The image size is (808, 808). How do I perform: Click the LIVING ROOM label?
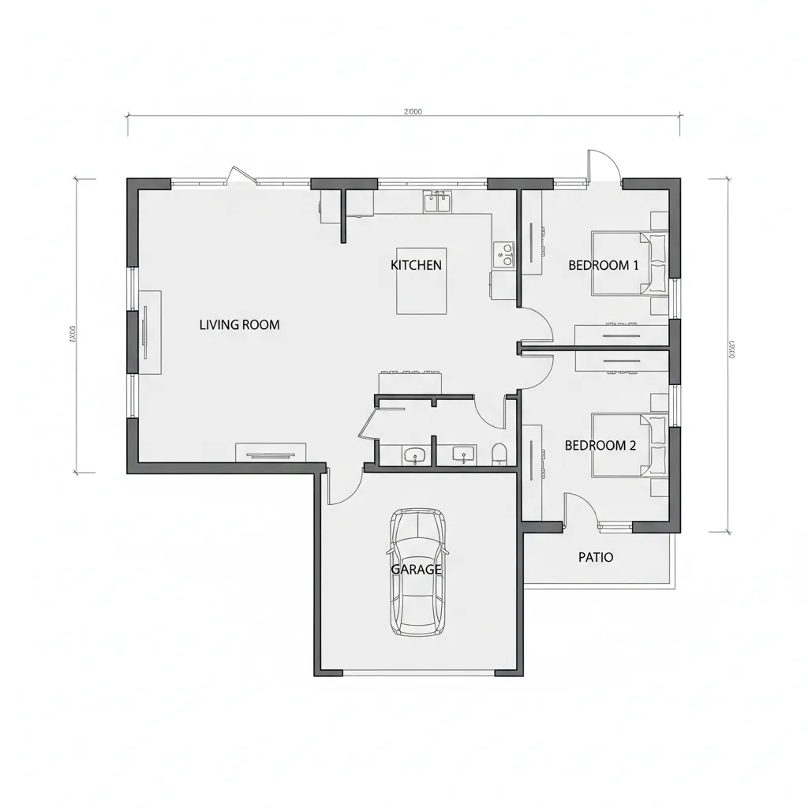pos(239,324)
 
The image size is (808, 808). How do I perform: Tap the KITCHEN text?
pos(417,265)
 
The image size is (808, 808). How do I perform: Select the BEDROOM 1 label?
pos(604,265)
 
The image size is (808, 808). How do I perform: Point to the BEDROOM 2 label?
pos(600,445)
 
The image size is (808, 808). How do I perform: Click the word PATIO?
pos(596,557)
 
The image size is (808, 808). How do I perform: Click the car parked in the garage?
pos(417,571)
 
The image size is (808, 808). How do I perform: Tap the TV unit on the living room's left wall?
pos(150,331)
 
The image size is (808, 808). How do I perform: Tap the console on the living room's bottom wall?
pos(271,452)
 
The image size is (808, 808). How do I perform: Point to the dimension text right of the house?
pos(731,348)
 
